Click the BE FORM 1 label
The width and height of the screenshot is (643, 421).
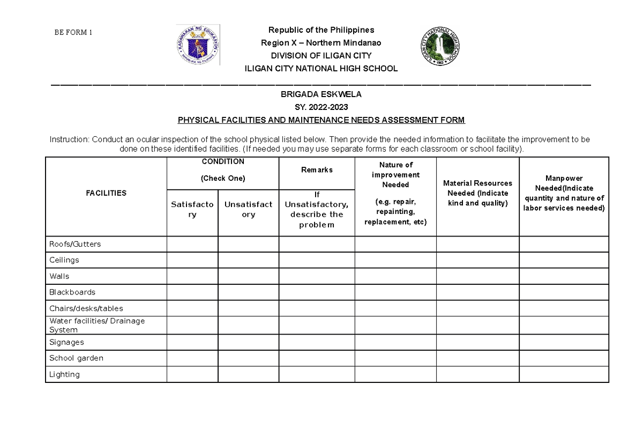click(73, 32)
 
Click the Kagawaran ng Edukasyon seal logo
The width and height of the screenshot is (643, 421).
click(198, 45)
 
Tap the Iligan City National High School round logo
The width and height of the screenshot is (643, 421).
click(439, 46)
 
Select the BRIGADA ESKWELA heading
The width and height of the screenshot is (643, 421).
click(321, 94)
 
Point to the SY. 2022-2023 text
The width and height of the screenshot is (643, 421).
click(321, 107)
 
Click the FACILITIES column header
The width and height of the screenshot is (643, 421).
click(106, 193)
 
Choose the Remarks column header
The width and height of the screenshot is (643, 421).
click(316, 170)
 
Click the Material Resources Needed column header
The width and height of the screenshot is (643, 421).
click(477, 193)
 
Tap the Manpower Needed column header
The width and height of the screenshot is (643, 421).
click(564, 193)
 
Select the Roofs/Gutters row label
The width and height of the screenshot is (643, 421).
click(75, 244)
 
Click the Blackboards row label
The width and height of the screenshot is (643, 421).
click(72, 292)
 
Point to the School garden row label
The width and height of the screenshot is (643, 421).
click(76, 358)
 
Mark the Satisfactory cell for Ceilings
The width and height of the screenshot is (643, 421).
click(192, 260)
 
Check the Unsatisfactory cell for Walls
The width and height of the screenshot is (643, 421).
click(248, 276)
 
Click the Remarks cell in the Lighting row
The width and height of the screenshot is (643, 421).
click(316, 374)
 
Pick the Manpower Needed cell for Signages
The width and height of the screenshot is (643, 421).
click(564, 342)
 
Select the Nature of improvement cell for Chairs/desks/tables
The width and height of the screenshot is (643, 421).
click(395, 308)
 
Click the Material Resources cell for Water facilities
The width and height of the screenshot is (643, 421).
click(477, 325)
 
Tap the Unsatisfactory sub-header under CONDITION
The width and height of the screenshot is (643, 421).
click(248, 209)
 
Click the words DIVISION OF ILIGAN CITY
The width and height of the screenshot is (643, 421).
click(321, 56)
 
